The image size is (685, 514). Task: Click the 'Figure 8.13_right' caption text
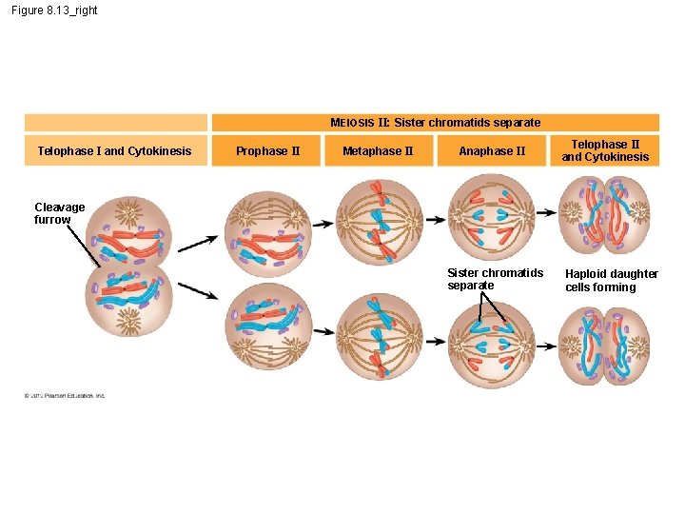[x=54, y=10]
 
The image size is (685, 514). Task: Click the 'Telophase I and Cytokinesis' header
[x=114, y=150]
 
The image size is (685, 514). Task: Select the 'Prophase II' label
[x=268, y=150]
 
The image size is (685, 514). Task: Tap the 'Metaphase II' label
[x=378, y=150]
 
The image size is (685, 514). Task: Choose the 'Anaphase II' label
[x=492, y=150]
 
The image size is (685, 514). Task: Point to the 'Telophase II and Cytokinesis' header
[x=605, y=150]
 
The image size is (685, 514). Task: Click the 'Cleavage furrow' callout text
[x=59, y=213]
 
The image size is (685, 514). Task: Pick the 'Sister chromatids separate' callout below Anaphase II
[x=495, y=279]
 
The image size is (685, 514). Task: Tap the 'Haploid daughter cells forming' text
[x=611, y=280]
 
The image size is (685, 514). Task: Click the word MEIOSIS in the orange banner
[x=352, y=123]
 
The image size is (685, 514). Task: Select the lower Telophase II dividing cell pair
[x=605, y=346]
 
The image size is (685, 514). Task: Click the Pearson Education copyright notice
[x=65, y=395]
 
